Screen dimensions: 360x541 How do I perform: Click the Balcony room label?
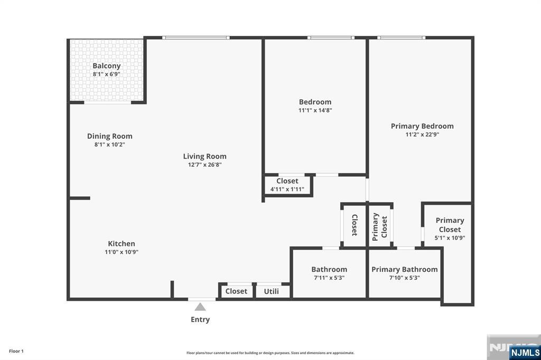tap(107, 66)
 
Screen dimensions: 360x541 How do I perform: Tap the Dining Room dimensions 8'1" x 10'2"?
tap(110, 145)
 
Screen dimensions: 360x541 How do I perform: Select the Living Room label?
tap(204, 156)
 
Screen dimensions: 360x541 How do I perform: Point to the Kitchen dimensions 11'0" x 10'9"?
tap(122, 252)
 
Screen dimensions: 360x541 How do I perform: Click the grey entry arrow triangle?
tap(200, 307)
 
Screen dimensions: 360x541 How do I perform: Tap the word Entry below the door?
tap(200, 319)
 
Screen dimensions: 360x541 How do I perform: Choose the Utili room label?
tap(271, 291)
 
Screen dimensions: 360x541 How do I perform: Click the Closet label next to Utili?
tap(236, 291)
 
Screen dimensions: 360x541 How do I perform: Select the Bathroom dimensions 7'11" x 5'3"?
tap(329, 278)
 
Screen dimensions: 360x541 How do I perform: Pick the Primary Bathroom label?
tap(404, 269)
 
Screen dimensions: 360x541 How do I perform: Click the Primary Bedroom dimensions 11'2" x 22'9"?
tap(422, 135)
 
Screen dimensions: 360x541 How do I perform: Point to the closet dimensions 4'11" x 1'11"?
tap(287, 190)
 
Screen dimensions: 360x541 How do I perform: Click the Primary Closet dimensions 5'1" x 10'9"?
tap(450, 238)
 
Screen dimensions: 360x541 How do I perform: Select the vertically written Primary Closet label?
tap(380, 226)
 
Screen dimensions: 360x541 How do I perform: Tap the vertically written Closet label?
tap(355, 225)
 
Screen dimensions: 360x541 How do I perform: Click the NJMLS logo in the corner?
tap(525, 352)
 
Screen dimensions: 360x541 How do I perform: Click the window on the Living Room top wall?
tap(195, 37)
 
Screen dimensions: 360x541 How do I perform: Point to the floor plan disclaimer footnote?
tap(270, 353)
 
